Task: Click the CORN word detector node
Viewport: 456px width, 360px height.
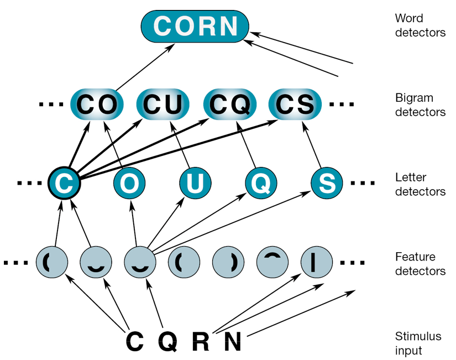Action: (195, 25)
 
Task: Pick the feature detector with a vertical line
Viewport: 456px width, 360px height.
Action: (317, 262)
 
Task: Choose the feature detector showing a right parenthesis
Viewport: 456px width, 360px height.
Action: (228, 262)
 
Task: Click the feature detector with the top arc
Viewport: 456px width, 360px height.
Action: (272, 262)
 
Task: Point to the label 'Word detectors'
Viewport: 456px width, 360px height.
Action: (421, 25)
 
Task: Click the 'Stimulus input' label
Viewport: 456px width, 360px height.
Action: (418, 343)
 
